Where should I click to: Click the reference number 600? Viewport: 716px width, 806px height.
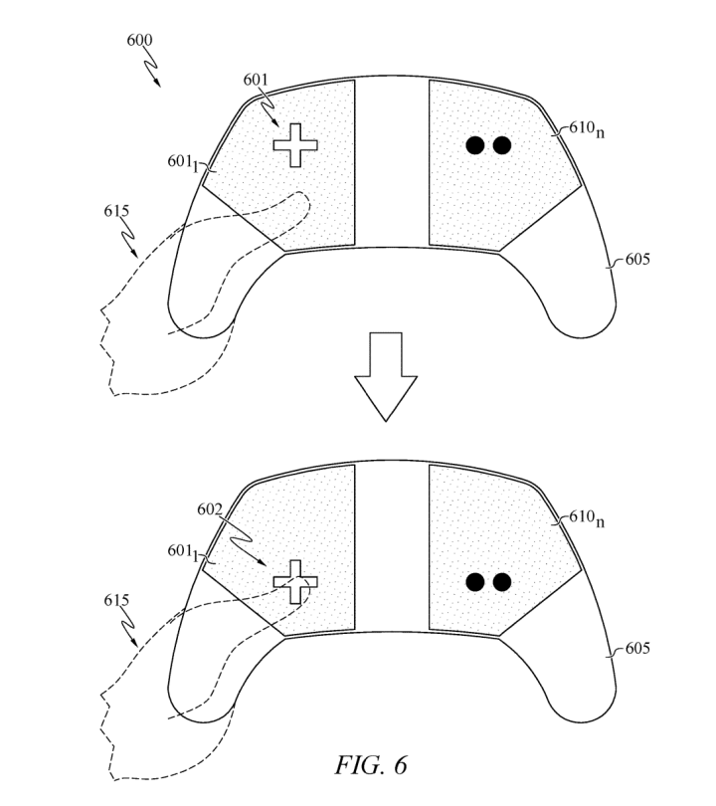(x=139, y=40)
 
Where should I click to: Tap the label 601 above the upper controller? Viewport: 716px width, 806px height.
(x=256, y=80)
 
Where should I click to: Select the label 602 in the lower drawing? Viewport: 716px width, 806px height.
(x=210, y=509)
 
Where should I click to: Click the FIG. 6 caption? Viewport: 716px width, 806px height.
(x=371, y=765)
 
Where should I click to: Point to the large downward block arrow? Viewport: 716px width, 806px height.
(x=386, y=377)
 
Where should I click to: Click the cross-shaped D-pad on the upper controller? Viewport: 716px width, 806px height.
(x=295, y=145)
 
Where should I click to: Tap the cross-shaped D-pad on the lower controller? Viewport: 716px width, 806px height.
(x=295, y=582)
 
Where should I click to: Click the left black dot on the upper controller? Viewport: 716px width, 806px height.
(x=475, y=145)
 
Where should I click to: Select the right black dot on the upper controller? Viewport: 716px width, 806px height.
(x=502, y=145)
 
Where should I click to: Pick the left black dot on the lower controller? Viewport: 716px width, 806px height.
(x=475, y=582)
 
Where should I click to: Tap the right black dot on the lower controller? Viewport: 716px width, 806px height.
(x=502, y=582)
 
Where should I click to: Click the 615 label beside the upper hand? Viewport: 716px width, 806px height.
(x=116, y=211)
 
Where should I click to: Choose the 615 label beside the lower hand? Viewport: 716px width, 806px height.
(x=116, y=600)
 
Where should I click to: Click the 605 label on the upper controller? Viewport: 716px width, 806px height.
(x=637, y=259)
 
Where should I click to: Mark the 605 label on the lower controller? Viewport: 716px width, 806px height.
(x=637, y=648)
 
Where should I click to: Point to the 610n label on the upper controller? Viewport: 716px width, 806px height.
(x=587, y=128)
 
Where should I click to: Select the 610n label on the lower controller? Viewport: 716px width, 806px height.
(x=587, y=517)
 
